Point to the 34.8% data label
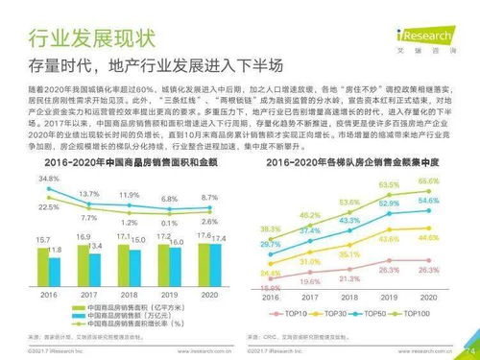48,180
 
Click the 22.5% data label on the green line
49,207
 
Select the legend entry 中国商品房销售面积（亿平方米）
127,306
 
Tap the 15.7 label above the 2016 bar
41,239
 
